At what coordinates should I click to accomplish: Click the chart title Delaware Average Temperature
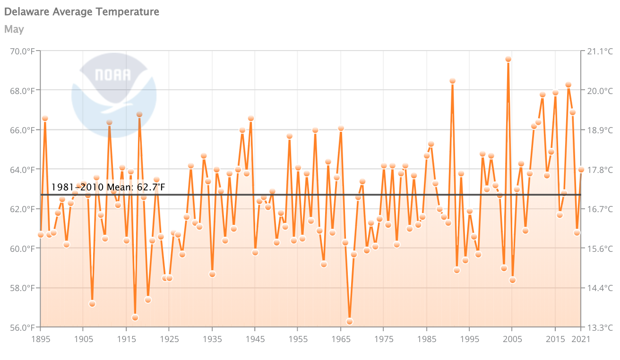click(82, 12)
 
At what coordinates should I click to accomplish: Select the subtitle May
click(14, 29)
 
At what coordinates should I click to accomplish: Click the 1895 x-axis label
click(41, 339)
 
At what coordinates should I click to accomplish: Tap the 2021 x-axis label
click(580, 339)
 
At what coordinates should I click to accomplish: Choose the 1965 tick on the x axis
click(340, 339)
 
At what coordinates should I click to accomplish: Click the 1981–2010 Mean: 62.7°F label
click(108, 188)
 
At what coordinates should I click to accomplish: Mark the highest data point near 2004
click(508, 59)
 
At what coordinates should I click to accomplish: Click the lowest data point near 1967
click(350, 321)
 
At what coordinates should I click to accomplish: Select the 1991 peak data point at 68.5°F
click(453, 81)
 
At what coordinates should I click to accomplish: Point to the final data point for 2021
click(581, 170)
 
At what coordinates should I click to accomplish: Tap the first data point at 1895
click(41, 234)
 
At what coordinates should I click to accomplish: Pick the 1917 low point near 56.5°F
click(135, 317)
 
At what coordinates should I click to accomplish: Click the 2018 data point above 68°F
click(568, 85)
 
